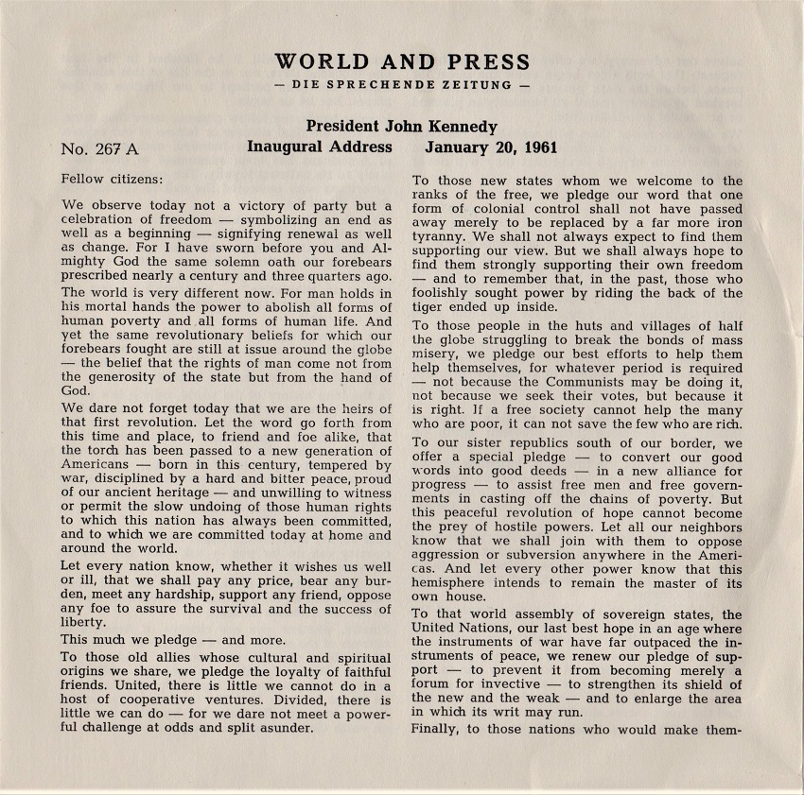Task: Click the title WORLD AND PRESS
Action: point(401,62)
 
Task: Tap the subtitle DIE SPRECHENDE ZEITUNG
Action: point(401,85)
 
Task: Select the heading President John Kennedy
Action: point(402,127)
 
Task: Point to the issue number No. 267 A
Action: point(99,148)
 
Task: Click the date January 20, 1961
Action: point(491,147)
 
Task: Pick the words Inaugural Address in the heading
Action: point(320,147)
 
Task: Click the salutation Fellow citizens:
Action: point(112,178)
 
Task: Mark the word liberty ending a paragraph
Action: point(82,623)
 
